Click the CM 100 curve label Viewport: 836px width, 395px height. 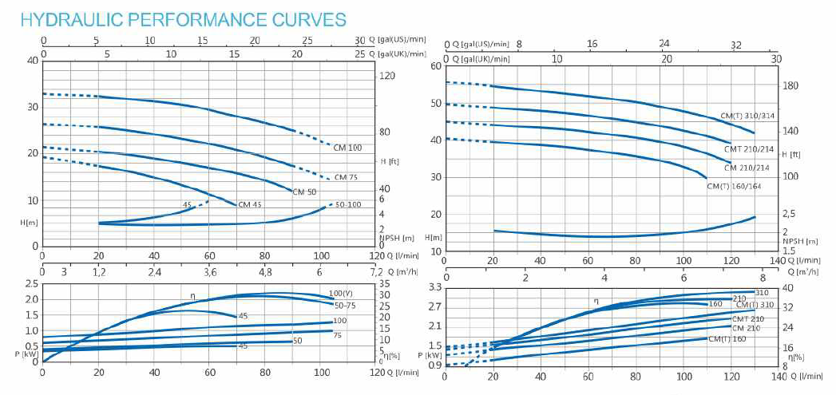click(347, 148)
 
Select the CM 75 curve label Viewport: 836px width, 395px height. click(346, 177)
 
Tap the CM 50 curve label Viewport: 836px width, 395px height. click(304, 192)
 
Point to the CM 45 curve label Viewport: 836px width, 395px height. click(252, 205)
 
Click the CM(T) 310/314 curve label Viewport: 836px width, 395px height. click(747, 116)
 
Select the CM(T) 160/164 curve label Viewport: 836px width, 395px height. click(735, 186)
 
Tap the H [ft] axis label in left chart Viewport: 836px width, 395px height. click(390, 160)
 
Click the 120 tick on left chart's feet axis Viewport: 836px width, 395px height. click(387, 76)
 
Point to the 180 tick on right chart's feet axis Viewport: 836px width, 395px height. click(790, 86)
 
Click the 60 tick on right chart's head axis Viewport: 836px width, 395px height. click(436, 65)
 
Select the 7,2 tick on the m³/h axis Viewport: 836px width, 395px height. click(376, 271)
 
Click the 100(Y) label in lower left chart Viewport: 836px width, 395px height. click(342, 294)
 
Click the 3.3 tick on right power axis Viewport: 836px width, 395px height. click(436, 286)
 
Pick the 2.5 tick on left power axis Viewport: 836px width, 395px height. click(32, 284)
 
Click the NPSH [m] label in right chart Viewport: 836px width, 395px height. click(799, 240)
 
